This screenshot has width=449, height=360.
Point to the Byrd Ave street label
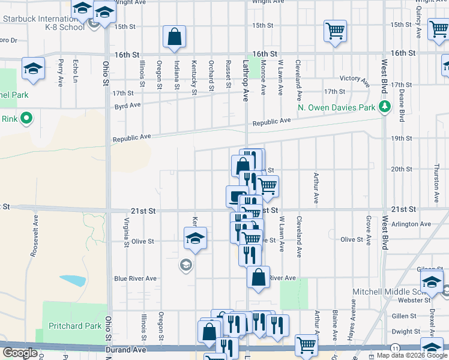[x=127, y=105]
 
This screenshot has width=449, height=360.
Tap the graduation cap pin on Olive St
[x=195, y=239]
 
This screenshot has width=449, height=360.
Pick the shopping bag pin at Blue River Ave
[x=258, y=278]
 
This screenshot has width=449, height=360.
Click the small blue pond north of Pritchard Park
[x=73, y=280]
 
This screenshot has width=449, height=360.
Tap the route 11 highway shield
[x=395, y=348]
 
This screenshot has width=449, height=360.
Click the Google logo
[x=21, y=353]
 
